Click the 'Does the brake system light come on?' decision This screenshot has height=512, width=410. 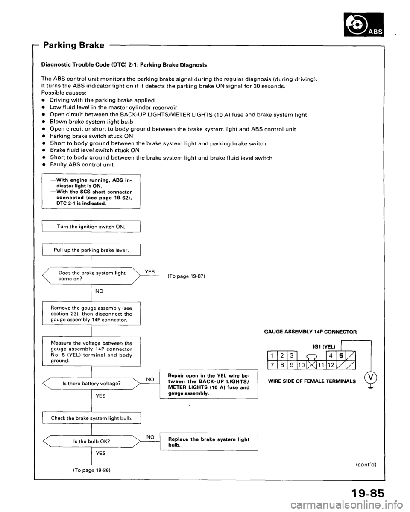tap(93, 276)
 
